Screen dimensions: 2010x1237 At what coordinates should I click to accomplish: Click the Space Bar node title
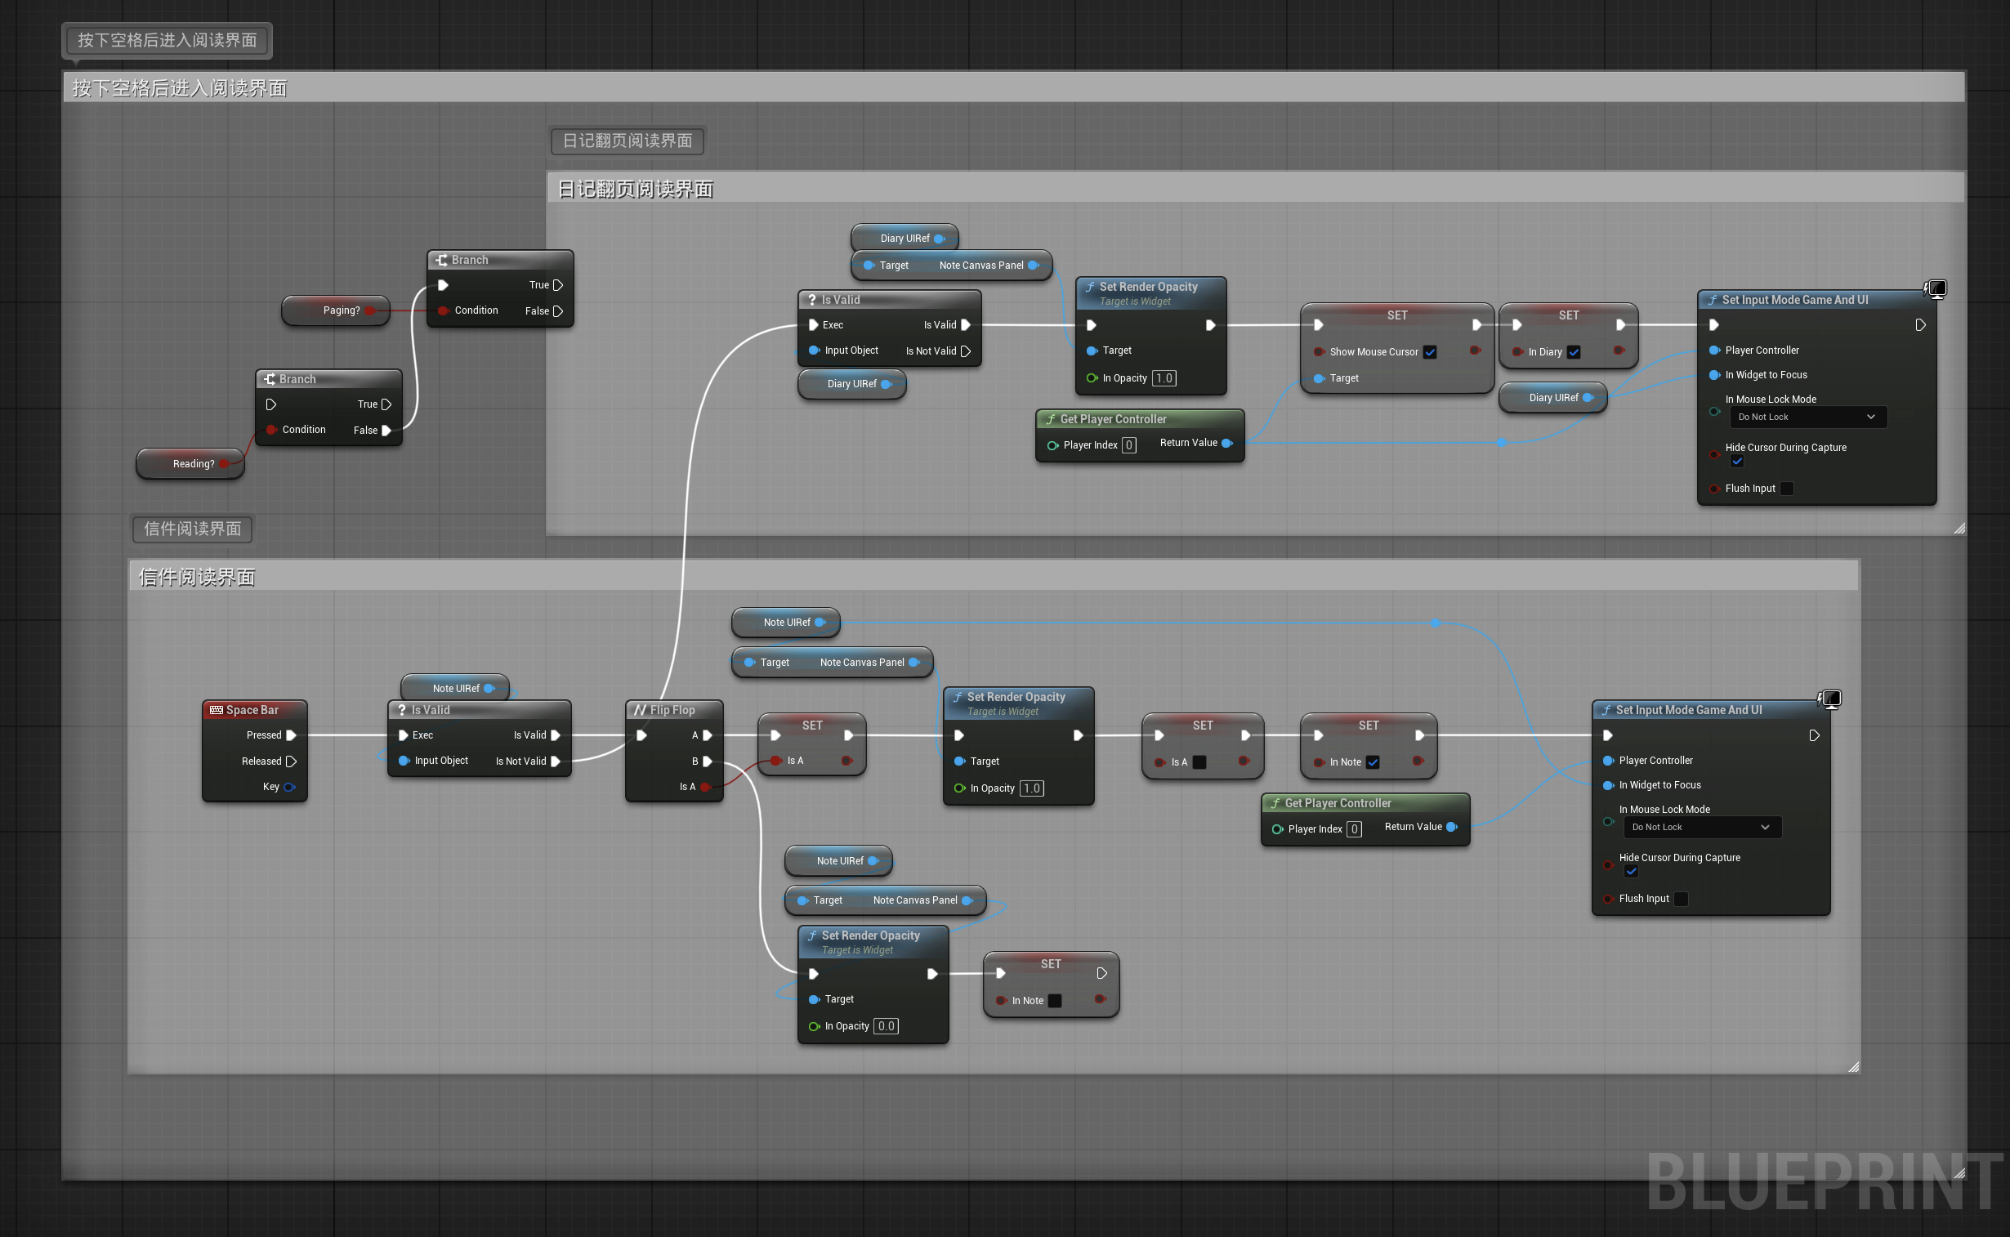click(x=252, y=710)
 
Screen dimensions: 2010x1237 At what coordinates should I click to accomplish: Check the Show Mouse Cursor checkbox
click(x=1429, y=352)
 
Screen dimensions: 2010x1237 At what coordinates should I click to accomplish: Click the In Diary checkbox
click(x=1573, y=352)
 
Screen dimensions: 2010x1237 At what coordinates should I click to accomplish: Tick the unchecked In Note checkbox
click(x=1055, y=1001)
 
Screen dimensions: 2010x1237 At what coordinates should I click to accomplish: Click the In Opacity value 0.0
click(x=886, y=1026)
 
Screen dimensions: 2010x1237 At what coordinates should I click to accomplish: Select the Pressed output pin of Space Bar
click(x=290, y=735)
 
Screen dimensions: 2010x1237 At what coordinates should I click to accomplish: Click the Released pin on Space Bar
click(x=290, y=761)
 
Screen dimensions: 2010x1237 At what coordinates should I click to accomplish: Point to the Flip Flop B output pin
click(x=708, y=761)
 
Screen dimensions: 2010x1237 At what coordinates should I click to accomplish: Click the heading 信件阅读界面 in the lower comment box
click(x=197, y=578)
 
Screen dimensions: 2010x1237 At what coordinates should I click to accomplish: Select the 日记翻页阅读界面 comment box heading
click(x=636, y=190)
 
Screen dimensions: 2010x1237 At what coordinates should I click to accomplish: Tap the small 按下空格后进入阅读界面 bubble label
click(x=167, y=40)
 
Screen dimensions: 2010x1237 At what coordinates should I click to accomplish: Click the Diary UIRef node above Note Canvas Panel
click(x=904, y=238)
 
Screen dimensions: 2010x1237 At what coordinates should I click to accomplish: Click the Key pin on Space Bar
click(x=288, y=787)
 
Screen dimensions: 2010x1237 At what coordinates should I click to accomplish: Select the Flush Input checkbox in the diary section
click(x=1787, y=489)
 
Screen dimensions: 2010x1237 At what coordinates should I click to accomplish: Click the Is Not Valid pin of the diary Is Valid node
click(x=965, y=351)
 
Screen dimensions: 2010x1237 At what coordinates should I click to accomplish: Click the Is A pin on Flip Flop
click(x=704, y=787)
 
